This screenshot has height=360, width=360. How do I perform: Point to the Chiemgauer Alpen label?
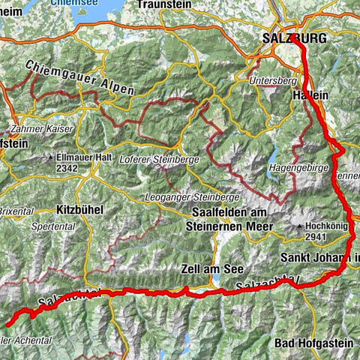(79, 77)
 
